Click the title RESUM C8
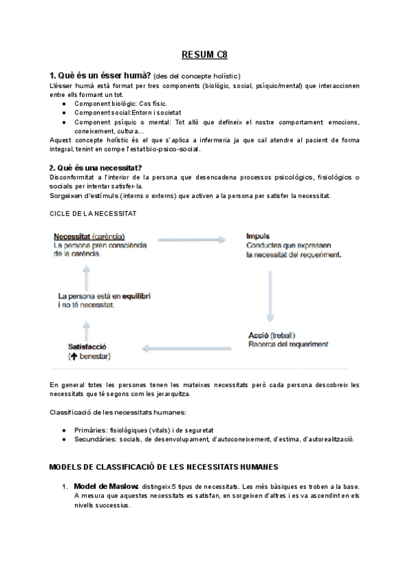pos(204,55)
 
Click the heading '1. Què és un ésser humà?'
pos(101,75)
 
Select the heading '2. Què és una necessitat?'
pos(96,167)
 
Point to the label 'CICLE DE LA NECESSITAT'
pos(93,213)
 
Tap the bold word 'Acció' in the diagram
pos(257,335)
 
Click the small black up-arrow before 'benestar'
pos(72,356)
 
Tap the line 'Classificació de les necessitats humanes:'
pos(118,412)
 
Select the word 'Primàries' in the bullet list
pos(92,431)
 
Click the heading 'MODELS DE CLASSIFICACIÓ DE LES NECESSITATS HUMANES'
pos(164,468)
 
